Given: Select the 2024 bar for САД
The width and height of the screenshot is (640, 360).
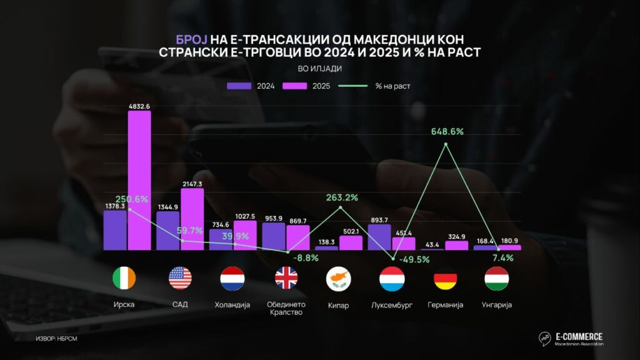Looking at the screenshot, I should click(168, 231).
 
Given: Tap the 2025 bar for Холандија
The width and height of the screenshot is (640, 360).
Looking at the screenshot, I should click(245, 235).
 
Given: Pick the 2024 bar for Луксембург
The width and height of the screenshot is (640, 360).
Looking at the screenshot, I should click(379, 237).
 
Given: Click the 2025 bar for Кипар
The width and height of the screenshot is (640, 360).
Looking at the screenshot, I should click(351, 242).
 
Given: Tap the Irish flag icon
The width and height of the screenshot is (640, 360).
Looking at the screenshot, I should click(123, 277).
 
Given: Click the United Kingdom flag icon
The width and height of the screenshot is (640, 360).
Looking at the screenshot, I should click(287, 277).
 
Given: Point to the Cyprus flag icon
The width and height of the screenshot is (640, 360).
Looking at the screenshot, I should click(338, 277).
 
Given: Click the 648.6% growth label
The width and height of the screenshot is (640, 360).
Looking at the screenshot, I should click(447, 132).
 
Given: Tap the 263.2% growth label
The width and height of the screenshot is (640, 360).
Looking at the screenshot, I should click(342, 197).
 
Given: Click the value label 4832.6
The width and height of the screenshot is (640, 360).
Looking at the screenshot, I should click(139, 106).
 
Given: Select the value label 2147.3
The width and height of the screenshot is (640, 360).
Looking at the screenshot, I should click(192, 184).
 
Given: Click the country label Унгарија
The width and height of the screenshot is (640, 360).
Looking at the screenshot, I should click(496, 305).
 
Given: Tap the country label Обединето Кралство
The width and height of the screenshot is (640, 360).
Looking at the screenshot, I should click(287, 308).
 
